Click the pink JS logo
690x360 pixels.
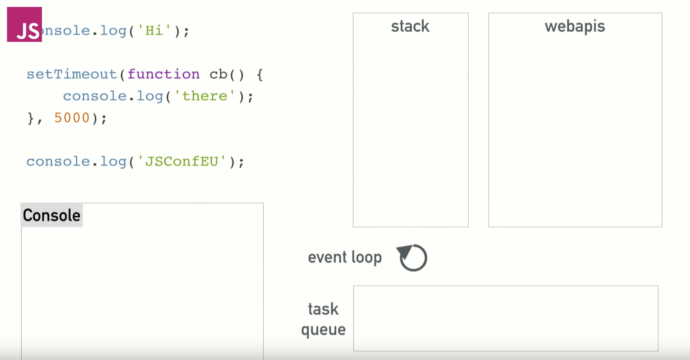[x=24, y=24]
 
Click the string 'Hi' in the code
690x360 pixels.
[x=154, y=30]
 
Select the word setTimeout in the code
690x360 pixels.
[x=72, y=74]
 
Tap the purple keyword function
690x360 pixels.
[x=164, y=74]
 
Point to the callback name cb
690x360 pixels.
[x=218, y=75]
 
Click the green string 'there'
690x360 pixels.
[x=205, y=96]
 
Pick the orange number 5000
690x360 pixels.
[x=72, y=118]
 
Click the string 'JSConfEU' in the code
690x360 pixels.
[x=182, y=162]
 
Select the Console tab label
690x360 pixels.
[x=52, y=215]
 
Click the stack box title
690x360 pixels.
[x=410, y=27]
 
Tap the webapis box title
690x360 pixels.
[x=575, y=27]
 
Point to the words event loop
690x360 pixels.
[x=345, y=257]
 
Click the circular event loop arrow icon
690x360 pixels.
[x=412, y=258]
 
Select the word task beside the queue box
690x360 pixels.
[x=323, y=309]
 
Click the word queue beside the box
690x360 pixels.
[x=323, y=330]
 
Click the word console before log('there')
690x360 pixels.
[x=95, y=96]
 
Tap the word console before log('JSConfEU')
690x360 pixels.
[x=58, y=162]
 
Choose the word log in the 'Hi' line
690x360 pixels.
[x=113, y=30]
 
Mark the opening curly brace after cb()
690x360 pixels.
[x=260, y=75]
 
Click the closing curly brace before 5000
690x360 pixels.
[x=30, y=118]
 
